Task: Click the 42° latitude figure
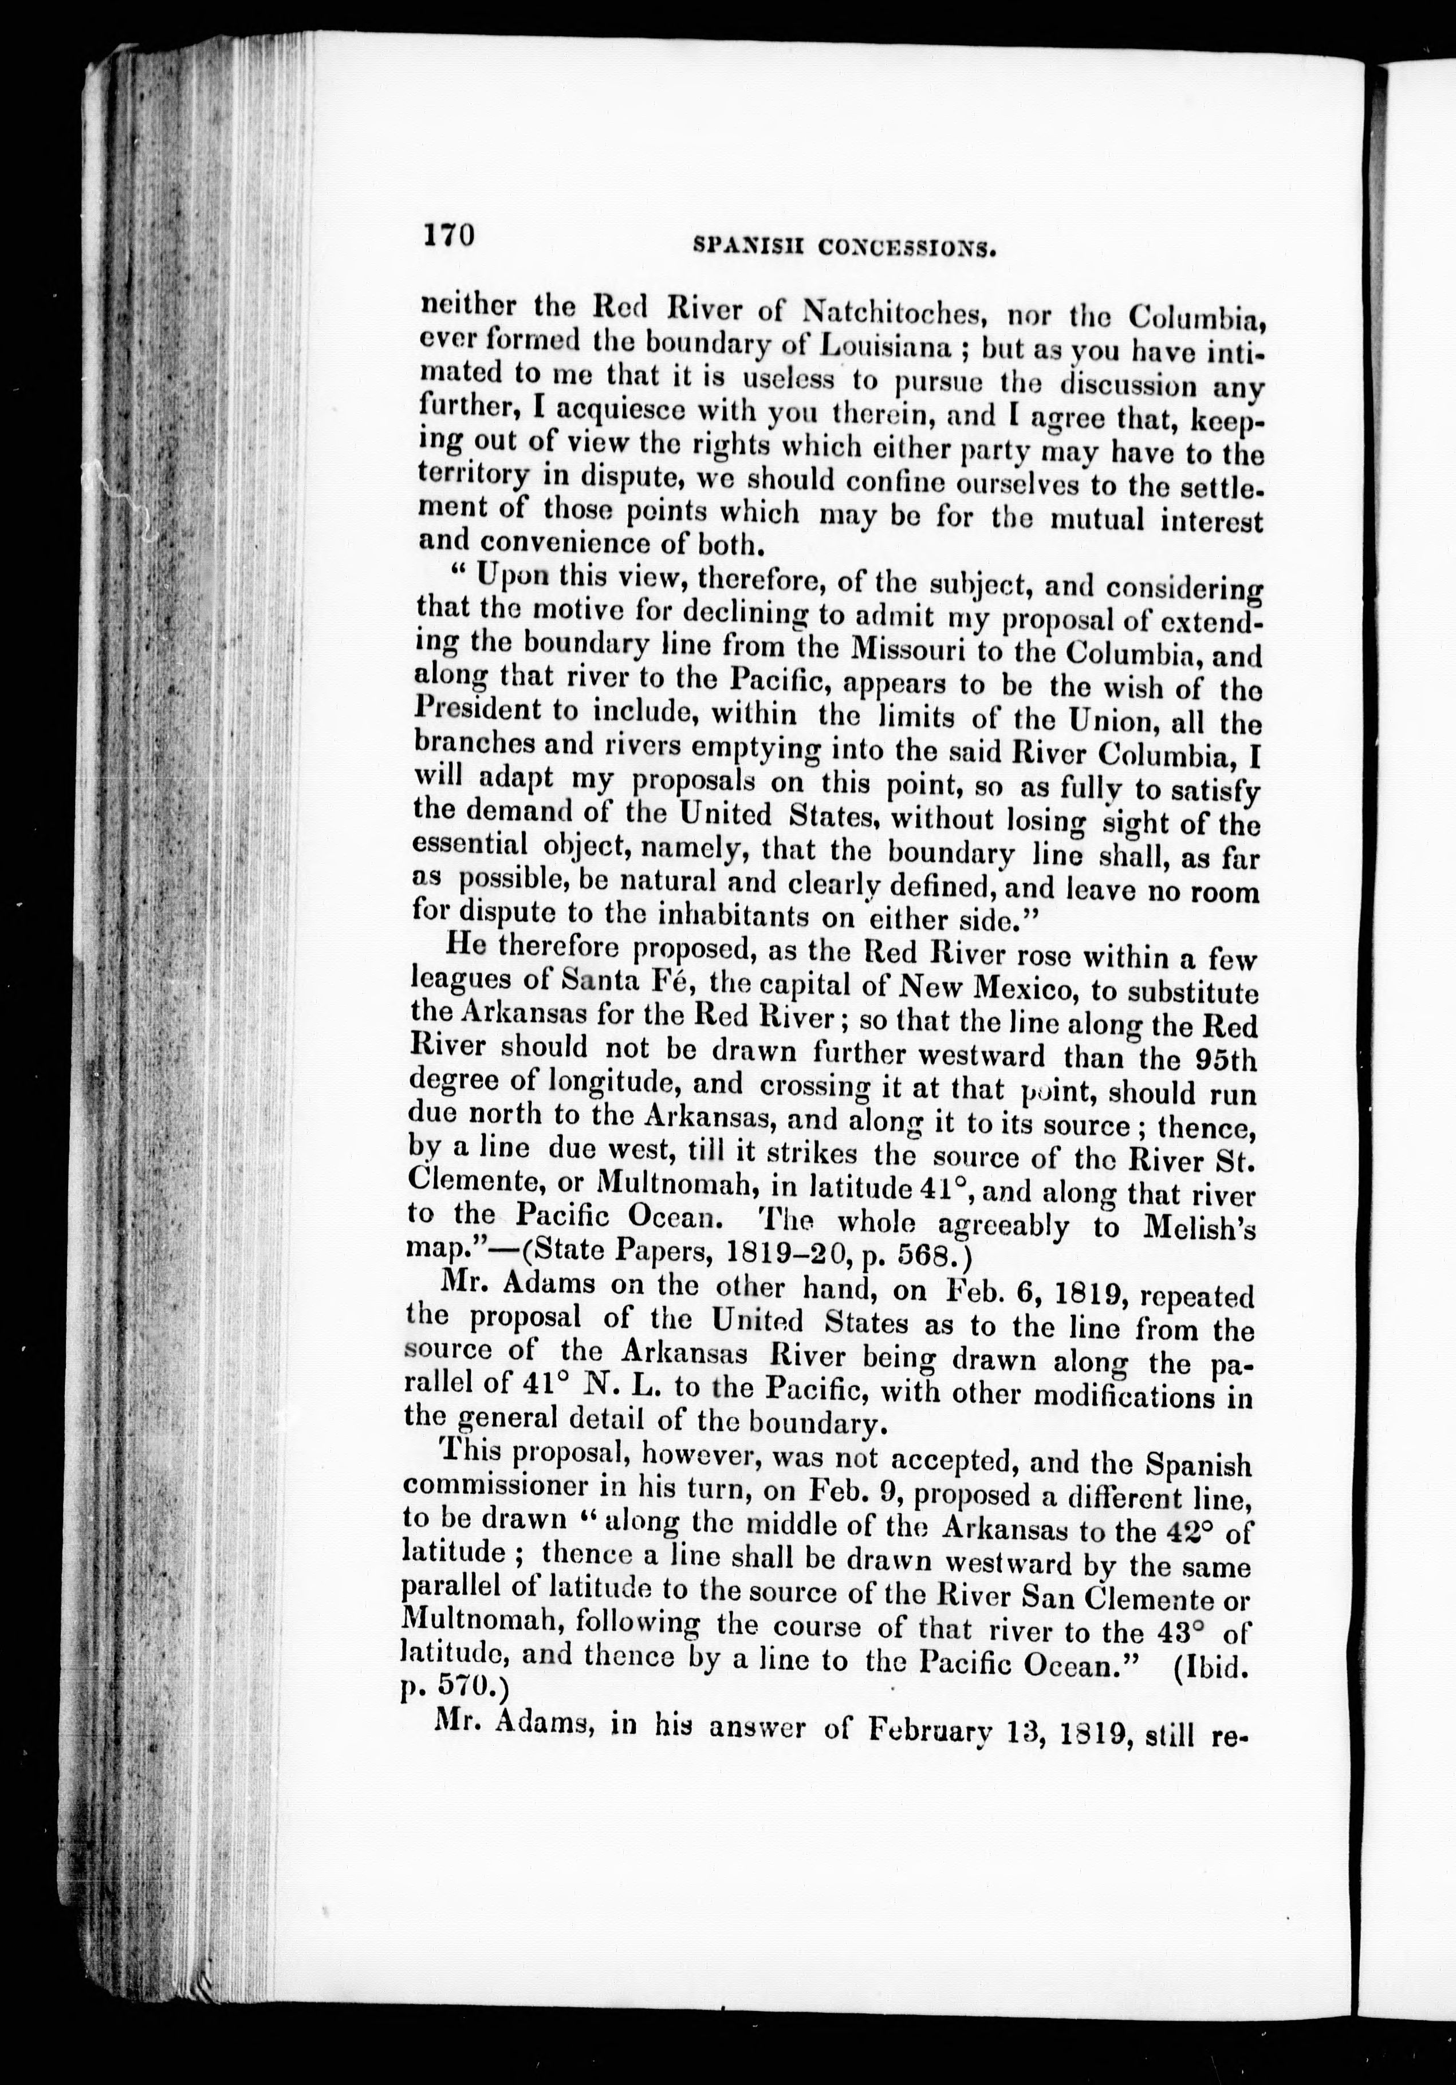pos(1185,1532)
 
